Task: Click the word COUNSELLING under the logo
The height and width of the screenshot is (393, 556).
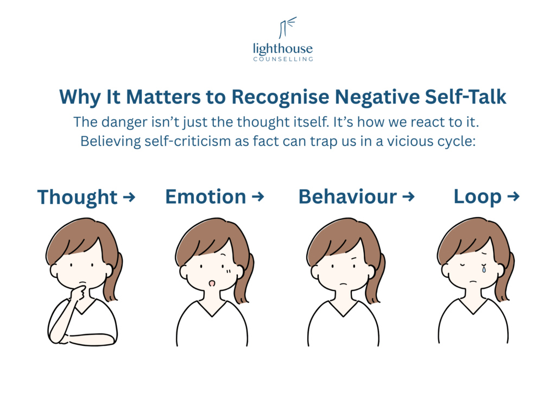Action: (x=282, y=59)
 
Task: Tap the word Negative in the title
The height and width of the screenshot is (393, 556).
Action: (x=368, y=97)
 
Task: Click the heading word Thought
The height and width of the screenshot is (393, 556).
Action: (x=77, y=198)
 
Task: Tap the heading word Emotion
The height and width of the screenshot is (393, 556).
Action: (x=206, y=196)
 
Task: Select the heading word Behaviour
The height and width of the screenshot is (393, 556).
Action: (x=347, y=196)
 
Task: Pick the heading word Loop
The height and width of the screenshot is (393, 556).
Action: (x=477, y=198)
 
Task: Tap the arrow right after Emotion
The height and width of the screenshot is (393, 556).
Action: (x=258, y=196)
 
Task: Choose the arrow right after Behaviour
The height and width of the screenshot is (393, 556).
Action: (x=408, y=196)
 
